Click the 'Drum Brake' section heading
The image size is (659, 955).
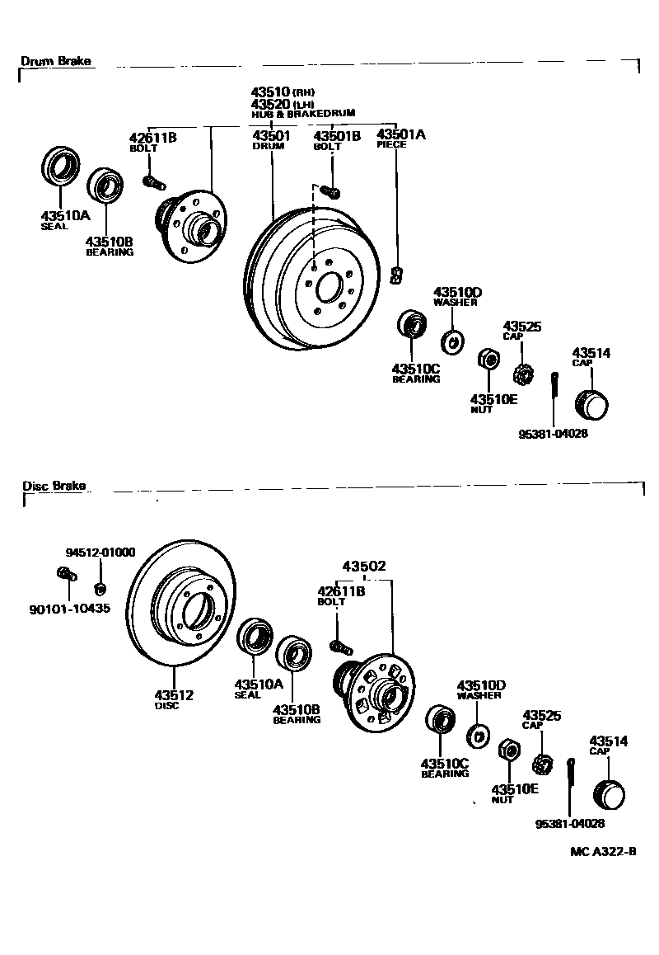pos(55,61)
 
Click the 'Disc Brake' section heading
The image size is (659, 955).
pos(54,486)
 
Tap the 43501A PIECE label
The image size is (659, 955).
pos(400,138)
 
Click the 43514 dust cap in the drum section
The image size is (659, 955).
pos(593,405)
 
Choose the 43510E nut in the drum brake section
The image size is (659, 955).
pos(487,360)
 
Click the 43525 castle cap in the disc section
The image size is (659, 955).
pos(541,764)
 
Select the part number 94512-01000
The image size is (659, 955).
pos(100,553)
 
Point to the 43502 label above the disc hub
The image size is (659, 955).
pos(364,567)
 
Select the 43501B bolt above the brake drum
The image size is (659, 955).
pos(331,192)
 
